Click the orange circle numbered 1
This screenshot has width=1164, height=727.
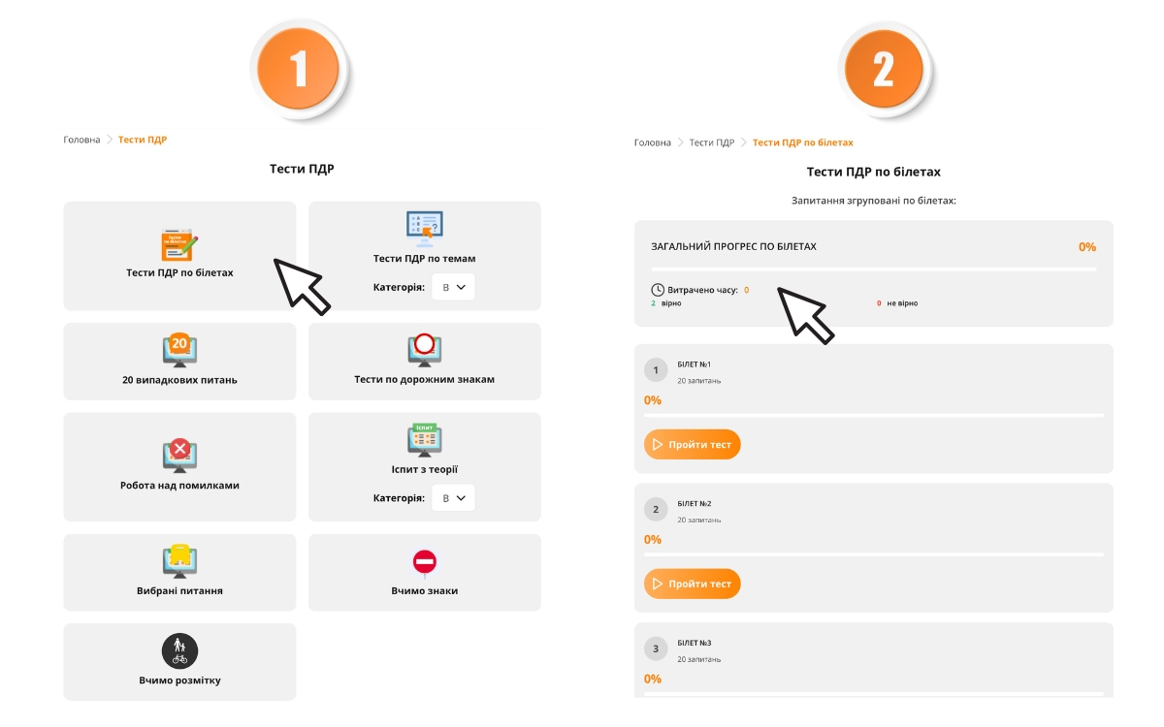click(x=299, y=69)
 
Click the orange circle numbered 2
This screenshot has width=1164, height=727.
click(x=884, y=69)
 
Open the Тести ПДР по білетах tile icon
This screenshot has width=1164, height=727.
click(x=179, y=244)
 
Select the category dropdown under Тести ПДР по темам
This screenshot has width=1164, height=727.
click(x=453, y=287)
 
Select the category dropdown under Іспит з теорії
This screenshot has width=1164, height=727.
click(x=453, y=497)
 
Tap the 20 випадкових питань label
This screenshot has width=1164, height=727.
click(x=179, y=380)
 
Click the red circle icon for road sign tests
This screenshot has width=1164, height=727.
click(x=425, y=344)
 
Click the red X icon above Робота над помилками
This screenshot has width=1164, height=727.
click(x=179, y=448)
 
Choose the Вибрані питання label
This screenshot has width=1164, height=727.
click(x=179, y=590)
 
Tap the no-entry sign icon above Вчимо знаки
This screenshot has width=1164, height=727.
click(x=425, y=561)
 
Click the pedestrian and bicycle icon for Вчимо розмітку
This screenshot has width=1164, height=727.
click(x=179, y=650)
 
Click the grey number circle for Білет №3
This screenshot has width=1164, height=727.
click(x=656, y=648)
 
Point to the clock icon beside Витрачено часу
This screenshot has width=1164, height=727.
click(x=658, y=290)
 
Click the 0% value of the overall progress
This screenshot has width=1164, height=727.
click(x=1087, y=246)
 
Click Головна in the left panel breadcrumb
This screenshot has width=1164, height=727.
click(x=81, y=140)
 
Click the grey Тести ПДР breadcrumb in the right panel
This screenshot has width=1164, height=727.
click(x=711, y=142)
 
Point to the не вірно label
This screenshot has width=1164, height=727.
click(x=902, y=303)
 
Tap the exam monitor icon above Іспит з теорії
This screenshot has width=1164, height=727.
click(x=425, y=440)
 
